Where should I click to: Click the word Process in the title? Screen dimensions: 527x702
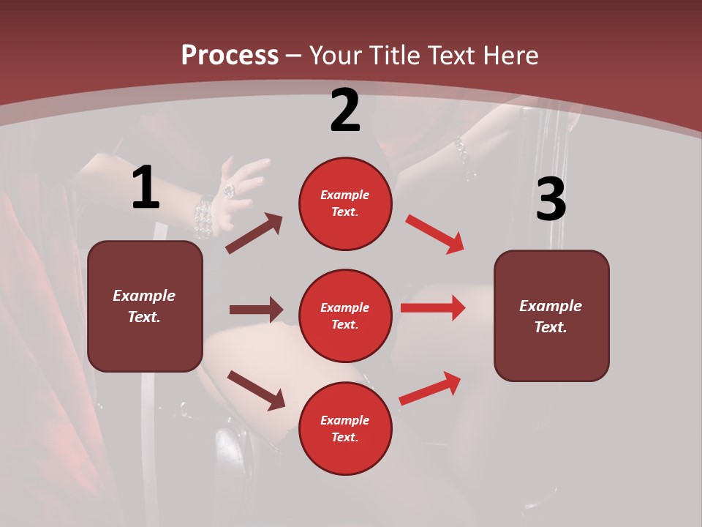230,56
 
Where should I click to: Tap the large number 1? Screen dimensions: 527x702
146,187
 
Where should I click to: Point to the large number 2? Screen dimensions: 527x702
345,111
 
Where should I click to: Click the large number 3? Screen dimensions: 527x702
551,200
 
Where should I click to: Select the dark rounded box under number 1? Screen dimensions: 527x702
145,306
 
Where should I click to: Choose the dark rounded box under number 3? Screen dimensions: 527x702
551,315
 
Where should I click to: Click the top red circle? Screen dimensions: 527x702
345,203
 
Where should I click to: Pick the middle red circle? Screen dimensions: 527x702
345,315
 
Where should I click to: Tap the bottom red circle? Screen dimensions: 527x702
345,428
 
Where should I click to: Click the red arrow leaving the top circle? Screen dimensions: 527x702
434,233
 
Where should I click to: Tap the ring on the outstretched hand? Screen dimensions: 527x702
229,190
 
